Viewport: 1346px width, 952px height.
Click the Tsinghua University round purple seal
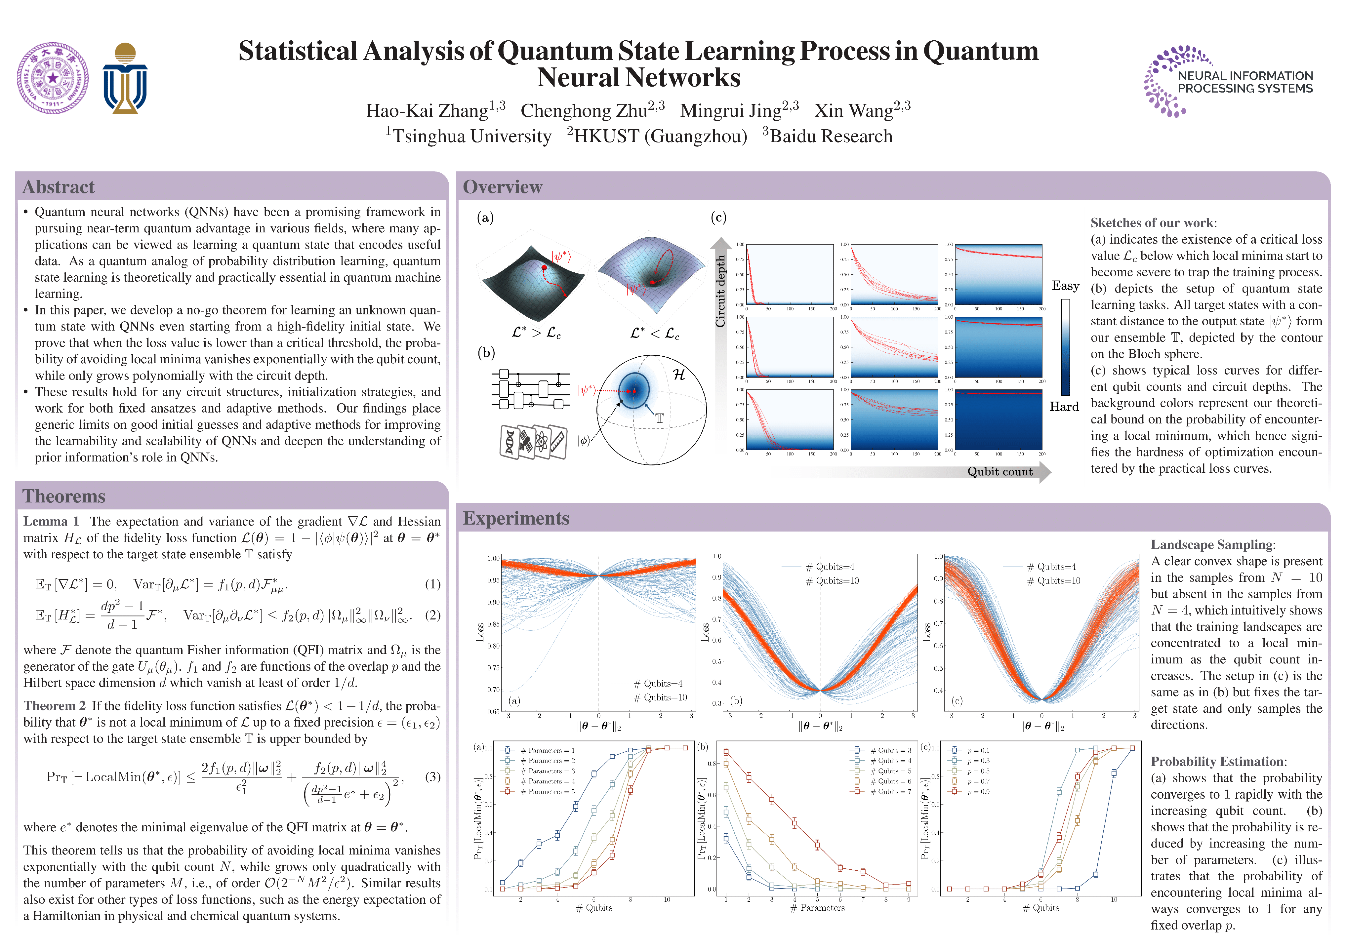[x=53, y=78]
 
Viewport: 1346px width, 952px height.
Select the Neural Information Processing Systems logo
[x=1228, y=82]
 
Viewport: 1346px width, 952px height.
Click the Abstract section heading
[x=59, y=187]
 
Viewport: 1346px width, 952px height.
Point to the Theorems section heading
[x=64, y=496]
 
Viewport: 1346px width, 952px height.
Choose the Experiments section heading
[x=516, y=518]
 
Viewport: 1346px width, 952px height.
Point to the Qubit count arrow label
[x=1000, y=472]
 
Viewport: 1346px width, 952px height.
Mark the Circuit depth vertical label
[x=720, y=291]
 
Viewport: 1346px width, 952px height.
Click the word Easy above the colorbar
[x=1065, y=286]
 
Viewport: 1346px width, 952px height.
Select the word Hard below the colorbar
[x=1064, y=407]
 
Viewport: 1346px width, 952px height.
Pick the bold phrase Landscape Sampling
[x=1212, y=544]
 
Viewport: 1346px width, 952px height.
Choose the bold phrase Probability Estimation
[x=1218, y=762]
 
